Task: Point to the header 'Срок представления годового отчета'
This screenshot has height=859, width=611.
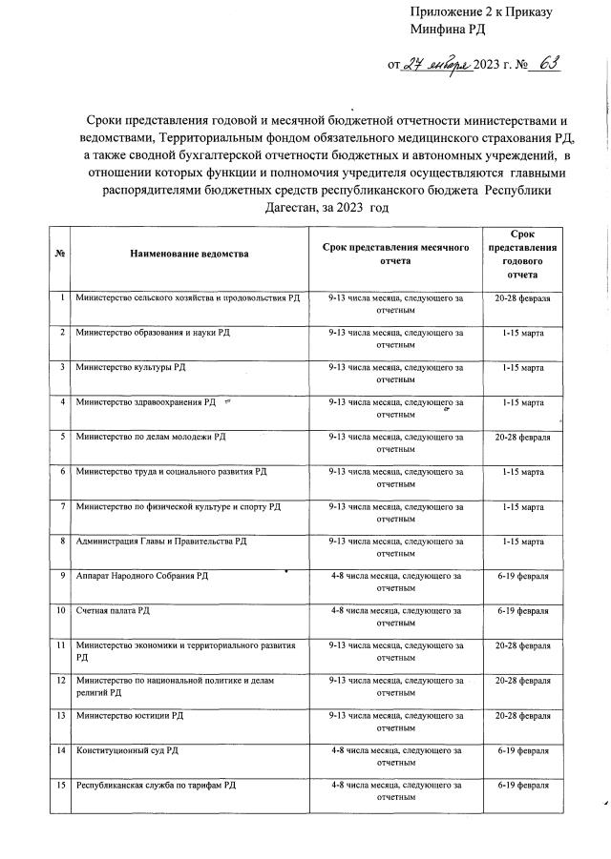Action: point(521,253)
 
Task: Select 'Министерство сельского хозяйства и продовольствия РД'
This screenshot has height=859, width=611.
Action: point(187,298)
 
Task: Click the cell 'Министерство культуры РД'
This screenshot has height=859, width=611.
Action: point(130,367)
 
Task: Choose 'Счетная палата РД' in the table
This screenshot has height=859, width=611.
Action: point(113,609)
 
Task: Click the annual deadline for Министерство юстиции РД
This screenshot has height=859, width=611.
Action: point(521,715)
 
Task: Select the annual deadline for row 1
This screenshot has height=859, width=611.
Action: point(521,298)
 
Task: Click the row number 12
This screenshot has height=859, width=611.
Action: point(61,680)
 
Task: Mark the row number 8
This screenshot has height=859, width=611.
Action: point(61,541)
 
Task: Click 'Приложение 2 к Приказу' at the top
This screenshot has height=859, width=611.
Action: point(481,11)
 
